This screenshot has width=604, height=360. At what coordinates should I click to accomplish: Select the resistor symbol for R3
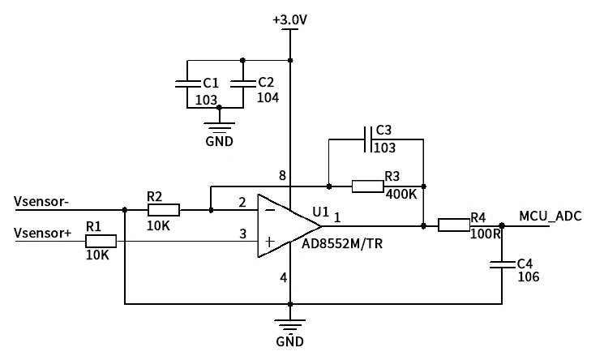367,186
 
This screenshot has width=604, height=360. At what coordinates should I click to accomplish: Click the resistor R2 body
163,210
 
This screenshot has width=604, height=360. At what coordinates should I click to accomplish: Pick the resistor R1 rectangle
101,241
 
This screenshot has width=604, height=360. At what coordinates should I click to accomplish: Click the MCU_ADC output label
550,216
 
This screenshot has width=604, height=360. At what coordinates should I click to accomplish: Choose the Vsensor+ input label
44,234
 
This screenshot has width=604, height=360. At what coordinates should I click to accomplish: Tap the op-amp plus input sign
269,242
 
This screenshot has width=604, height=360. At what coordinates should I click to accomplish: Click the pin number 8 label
281,176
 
